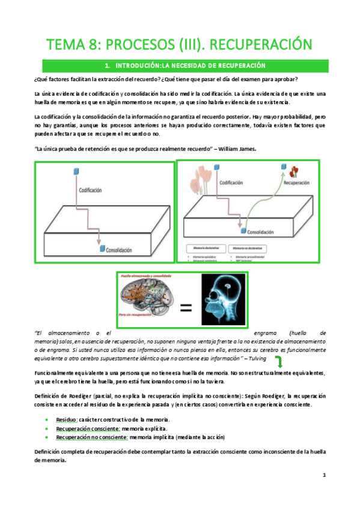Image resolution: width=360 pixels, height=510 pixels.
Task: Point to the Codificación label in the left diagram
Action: pos(92,189)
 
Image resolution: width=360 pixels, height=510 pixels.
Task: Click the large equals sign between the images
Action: pos(187,309)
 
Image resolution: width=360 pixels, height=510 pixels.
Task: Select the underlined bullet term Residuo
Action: pos(67,419)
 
